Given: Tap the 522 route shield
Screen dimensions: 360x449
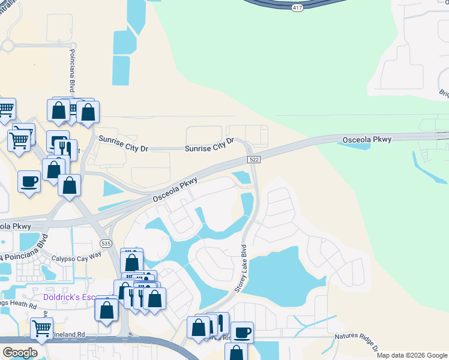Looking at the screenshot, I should pyautogui.click(x=253, y=158).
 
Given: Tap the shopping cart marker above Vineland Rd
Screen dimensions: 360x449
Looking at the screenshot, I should pyautogui.click(x=41, y=328).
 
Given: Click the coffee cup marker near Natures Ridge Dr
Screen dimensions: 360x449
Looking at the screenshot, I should pyautogui.click(x=243, y=332).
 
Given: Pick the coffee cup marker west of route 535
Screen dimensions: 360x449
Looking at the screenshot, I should pyautogui.click(x=29, y=181).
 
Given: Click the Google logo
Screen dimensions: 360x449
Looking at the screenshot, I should pyautogui.click(x=20, y=353).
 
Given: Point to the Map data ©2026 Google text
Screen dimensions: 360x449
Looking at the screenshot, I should pyautogui.click(x=411, y=355).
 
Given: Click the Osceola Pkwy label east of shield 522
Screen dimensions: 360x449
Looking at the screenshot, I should pyautogui.click(x=367, y=139).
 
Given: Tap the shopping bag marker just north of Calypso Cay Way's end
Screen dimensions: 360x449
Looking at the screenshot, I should pyautogui.click(x=131, y=262).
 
